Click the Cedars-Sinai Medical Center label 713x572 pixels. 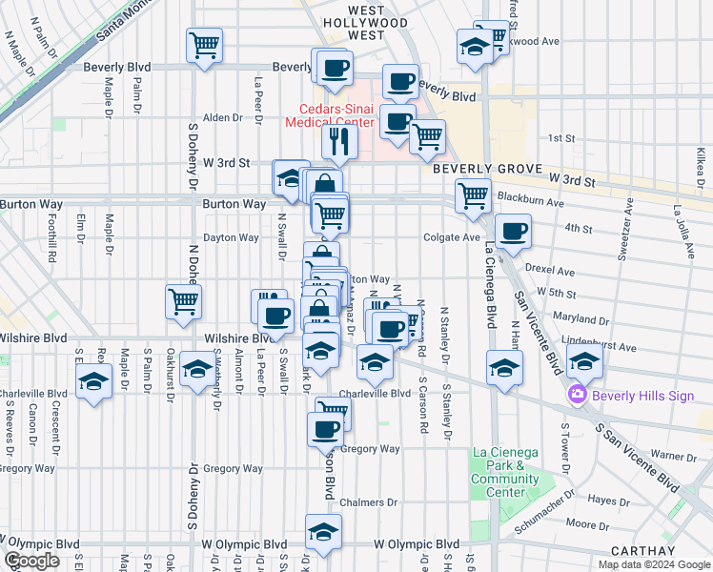[x=329, y=115]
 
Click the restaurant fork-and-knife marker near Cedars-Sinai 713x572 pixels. [x=338, y=142]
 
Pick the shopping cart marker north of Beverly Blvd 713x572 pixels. [x=204, y=44]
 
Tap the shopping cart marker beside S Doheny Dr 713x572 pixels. [x=183, y=301]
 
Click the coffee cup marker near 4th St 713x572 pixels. [x=513, y=230]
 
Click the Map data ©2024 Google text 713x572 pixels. [x=654, y=564]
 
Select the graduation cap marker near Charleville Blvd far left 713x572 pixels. [x=92, y=383]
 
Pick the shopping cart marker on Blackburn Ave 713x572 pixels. [x=473, y=196]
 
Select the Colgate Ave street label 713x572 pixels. [x=453, y=237]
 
